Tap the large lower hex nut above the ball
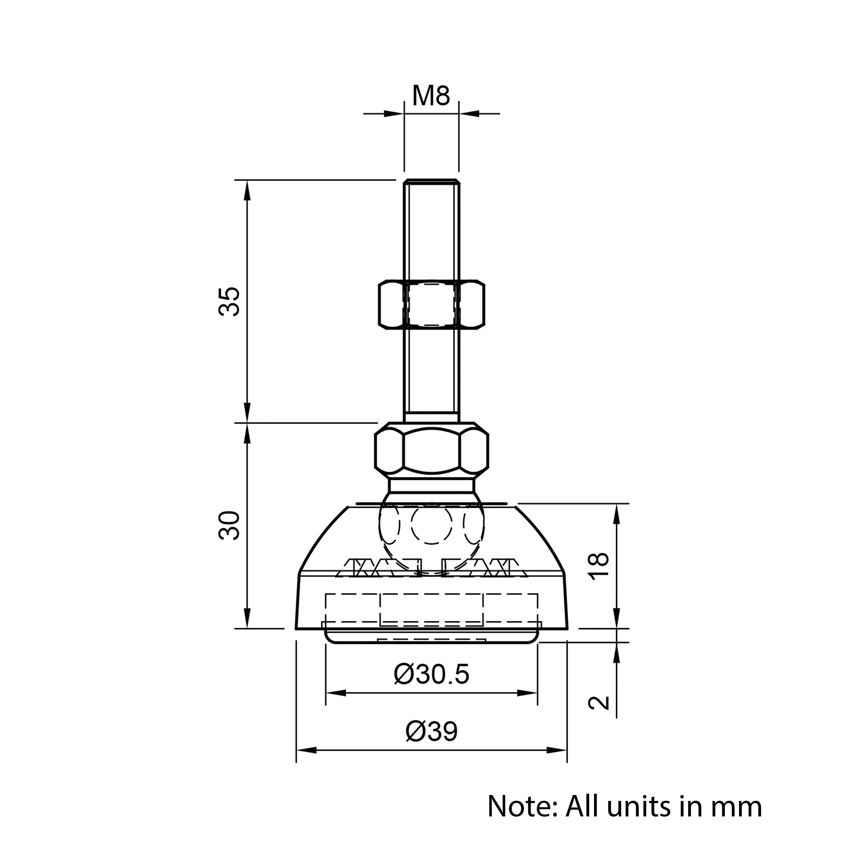click(431, 450)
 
